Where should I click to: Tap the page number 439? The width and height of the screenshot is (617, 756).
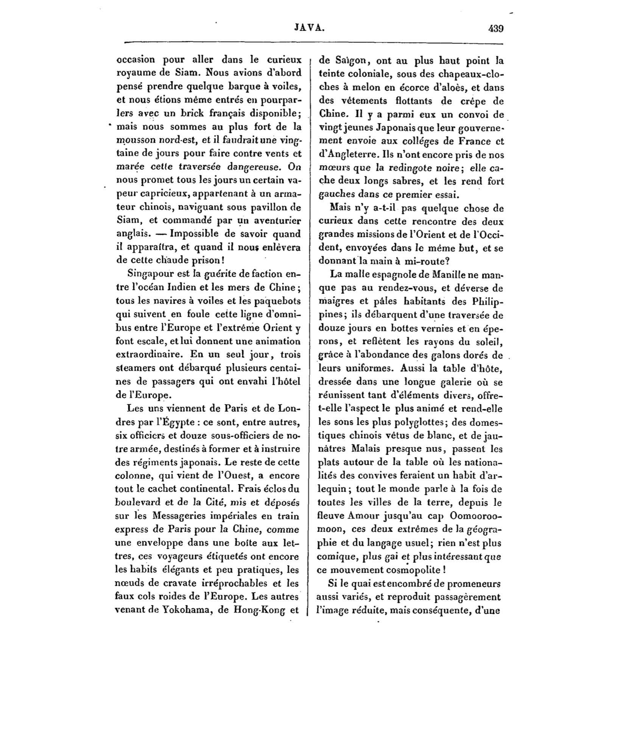tap(495, 28)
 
